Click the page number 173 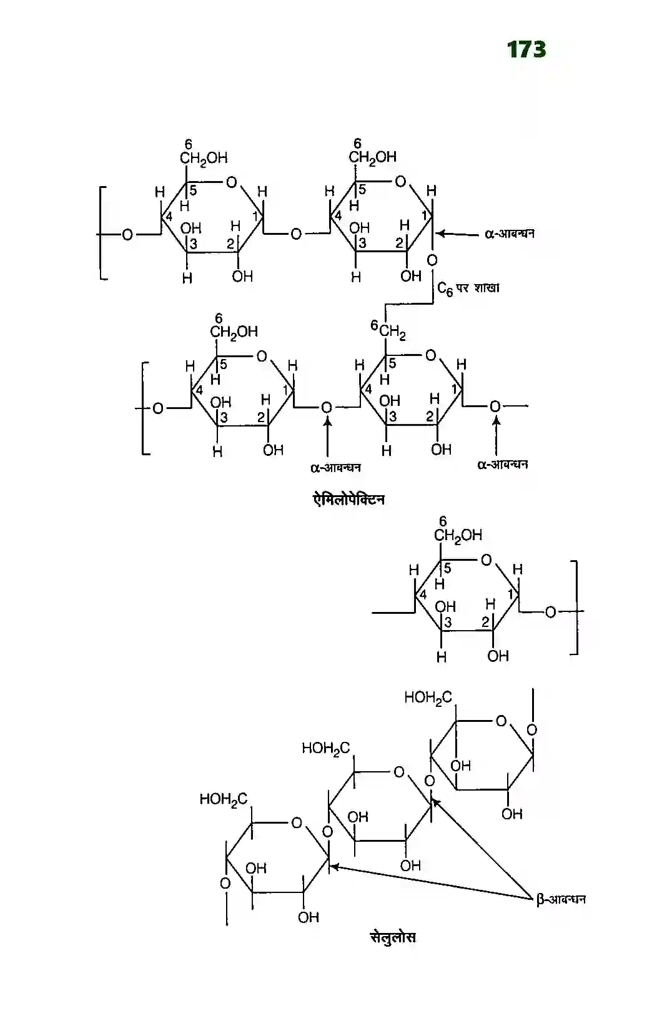(x=526, y=49)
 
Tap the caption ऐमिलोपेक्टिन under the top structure (x=348, y=500)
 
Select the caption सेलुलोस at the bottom (x=392, y=937)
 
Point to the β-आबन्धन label (x=560, y=899)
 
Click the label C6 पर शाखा (x=468, y=289)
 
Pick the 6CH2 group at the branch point (x=388, y=329)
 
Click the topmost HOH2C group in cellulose (x=428, y=698)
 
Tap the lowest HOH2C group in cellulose (x=223, y=799)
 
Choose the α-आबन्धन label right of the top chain (x=509, y=234)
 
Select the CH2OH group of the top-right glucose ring (x=372, y=157)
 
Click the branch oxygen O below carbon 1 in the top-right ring (x=432, y=260)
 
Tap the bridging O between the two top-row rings (x=295, y=234)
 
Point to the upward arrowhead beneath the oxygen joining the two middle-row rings (x=327, y=422)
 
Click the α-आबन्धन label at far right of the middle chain (x=502, y=465)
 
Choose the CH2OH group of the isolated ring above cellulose (x=458, y=535)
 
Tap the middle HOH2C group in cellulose (x=325, y=748)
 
